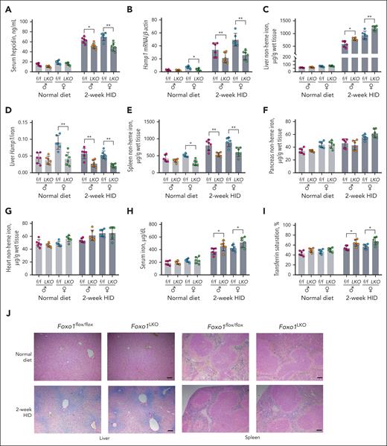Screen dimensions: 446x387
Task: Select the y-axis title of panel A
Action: [x=10, y=43]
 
